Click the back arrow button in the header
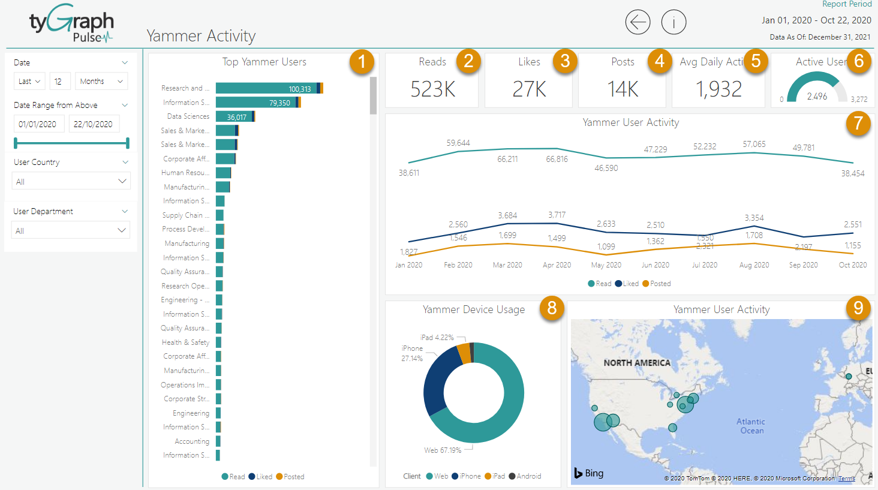tap(638, 23)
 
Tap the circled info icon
tap(673, 23)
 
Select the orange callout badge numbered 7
tap(858, 124)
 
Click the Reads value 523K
tap(432, 89)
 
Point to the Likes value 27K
tap(529, 89)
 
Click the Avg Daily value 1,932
tap(718, 89)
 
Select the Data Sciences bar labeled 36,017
tap(234, 116)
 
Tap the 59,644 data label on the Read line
tap(458, 143)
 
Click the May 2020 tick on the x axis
tap(606, 265)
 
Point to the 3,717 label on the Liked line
tap(557, 215)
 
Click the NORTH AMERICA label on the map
tap(636, 363)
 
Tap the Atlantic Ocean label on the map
tap(751, 426)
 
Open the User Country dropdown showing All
tap(71, 181)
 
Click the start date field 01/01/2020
tap(38, 124)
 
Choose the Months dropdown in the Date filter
tap(101, 81)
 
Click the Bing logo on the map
tap(589, 473)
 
